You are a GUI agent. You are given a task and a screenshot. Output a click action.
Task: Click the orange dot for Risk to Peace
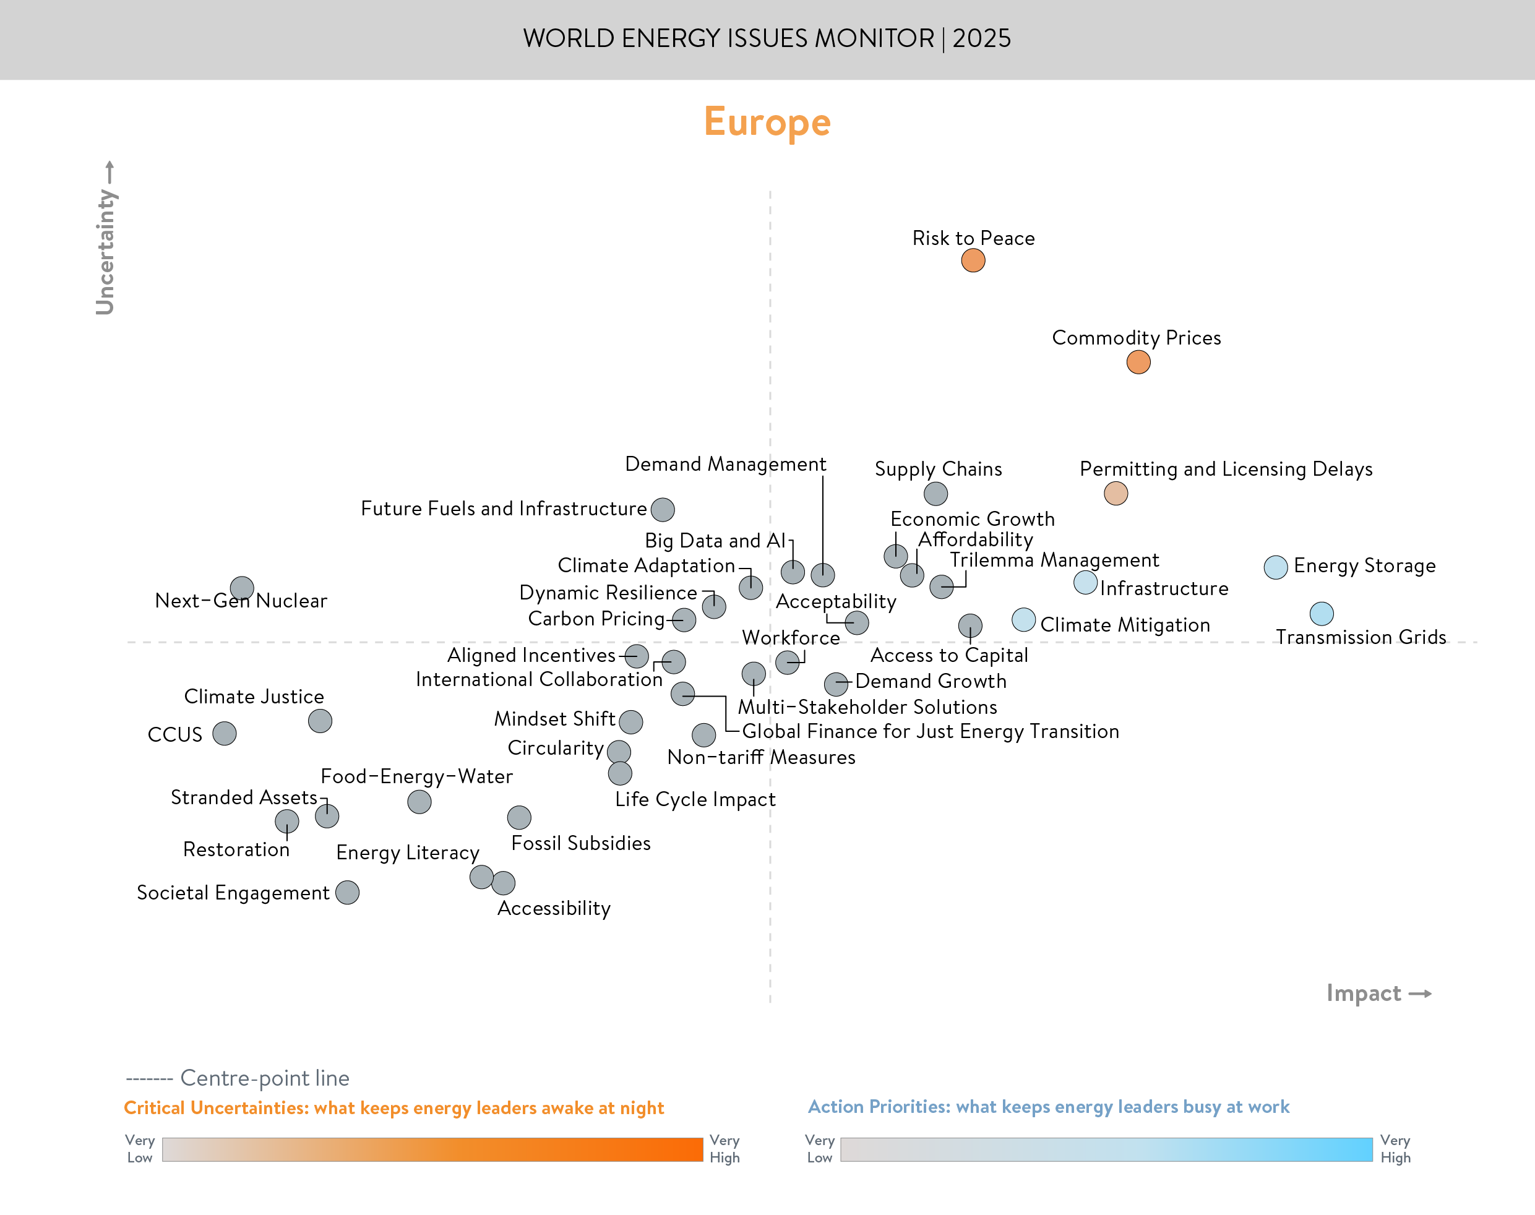[x=973, y=260]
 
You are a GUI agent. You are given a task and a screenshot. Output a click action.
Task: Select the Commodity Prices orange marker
[x=1138, y=362]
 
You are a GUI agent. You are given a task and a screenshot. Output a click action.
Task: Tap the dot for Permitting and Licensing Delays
[x=1116, y=493]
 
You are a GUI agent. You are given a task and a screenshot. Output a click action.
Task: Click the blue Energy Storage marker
[x=1275, y=567]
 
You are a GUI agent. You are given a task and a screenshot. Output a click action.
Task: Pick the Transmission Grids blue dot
[x=1321, y=613]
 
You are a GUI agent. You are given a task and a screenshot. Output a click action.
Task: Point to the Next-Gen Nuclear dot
[x=242, y=588]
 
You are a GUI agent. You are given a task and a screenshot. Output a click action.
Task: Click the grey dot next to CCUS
[x=224, y=734]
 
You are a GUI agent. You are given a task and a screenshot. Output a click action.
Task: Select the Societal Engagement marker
[x=347, y=892]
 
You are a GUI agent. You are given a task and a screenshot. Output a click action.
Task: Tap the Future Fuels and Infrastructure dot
[x=662, y=509]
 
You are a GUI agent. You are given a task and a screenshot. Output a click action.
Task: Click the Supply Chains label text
[x=937, y=470]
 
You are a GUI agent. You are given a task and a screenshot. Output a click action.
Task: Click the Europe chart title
[x=767, y=122]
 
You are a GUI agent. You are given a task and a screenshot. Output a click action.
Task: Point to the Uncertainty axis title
[x=105, y=251]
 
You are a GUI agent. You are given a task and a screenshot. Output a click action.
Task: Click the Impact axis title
[x=1364, y=993]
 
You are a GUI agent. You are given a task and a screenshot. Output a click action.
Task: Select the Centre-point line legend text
[x=265, y=1078]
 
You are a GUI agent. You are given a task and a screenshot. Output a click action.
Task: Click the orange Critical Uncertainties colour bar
[x=432, y=1149]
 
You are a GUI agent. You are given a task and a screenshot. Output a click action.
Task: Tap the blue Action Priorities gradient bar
[x=1106, y=1149]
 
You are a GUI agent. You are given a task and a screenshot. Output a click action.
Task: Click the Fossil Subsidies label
[x=580, y=843]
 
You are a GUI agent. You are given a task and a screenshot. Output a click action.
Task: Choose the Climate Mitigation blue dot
[x=1023, y=620]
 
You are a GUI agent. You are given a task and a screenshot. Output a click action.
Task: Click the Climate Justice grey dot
[x=319, y=721]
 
